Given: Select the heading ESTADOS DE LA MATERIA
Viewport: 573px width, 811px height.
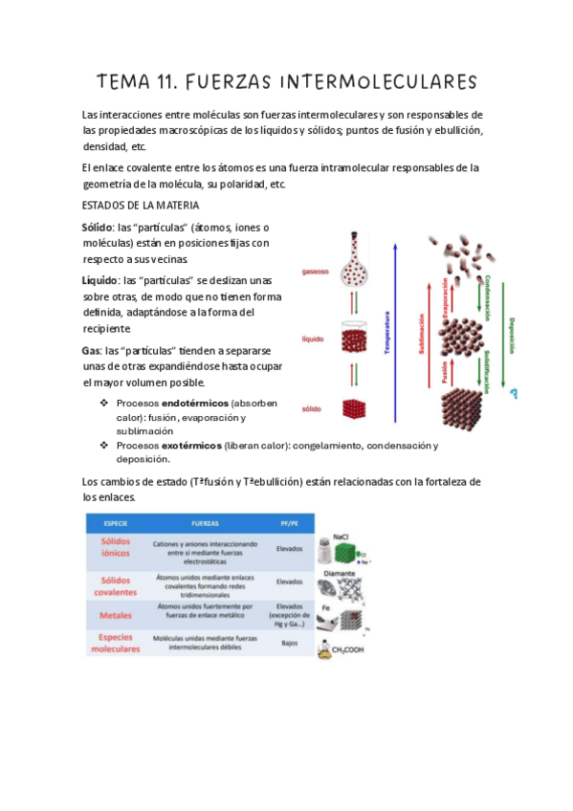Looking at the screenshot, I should click(x=141, y=206).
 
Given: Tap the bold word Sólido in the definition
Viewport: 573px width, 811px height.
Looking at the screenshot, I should click(x=97, y=228).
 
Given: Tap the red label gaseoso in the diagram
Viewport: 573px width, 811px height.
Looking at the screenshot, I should click(x=315, y=272).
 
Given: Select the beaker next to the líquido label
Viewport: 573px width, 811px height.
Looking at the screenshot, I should click(x=355, y=340).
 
